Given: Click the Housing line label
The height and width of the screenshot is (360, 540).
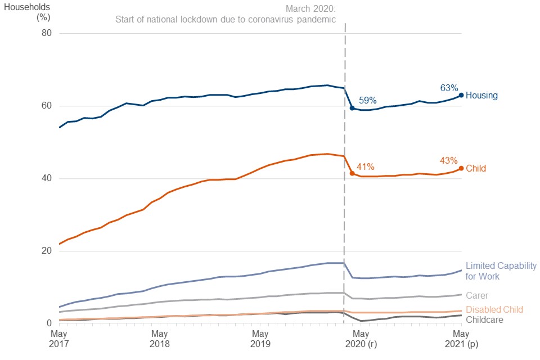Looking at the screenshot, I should coord(482,96).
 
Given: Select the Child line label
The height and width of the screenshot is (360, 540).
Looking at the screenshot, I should coord(476,168).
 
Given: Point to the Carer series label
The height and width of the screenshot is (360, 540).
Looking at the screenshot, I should coord(477,295).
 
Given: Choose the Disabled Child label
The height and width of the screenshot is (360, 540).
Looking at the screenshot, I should coord(494,309).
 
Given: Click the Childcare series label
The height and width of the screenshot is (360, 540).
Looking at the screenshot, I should coord(485,319).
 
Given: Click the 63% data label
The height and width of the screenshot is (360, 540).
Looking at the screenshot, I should coord(449,88).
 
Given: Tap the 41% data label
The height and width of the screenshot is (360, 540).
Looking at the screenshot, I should coord(366,166).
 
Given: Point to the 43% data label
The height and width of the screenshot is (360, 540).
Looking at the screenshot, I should coord(449,160).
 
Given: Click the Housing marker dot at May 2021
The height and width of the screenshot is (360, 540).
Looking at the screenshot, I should coord(461,95).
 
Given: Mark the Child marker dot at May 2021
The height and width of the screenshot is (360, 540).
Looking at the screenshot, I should coord(461,168).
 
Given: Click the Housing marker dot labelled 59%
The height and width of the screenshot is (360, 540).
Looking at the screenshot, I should coord(352,107).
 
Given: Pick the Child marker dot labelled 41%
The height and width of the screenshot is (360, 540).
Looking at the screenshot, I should coord(352,173).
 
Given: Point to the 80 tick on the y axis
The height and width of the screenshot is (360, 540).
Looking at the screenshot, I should coord(46,33).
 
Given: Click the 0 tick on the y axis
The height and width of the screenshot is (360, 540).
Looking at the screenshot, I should coord(48,323).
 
